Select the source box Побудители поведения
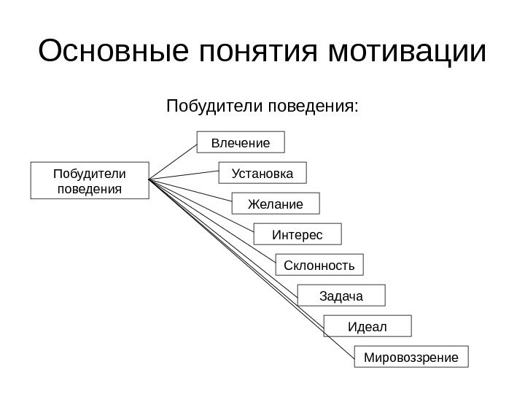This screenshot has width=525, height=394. [89, 180]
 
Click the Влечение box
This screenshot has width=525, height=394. [241, 142]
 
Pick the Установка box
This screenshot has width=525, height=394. [263, 174]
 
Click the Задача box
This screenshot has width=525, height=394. [341, 295]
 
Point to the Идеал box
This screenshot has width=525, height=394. [367, 326]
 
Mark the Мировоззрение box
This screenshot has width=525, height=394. [411, 358]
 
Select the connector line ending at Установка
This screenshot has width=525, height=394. [184, 176]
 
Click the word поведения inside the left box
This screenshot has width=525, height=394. [89, 188]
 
